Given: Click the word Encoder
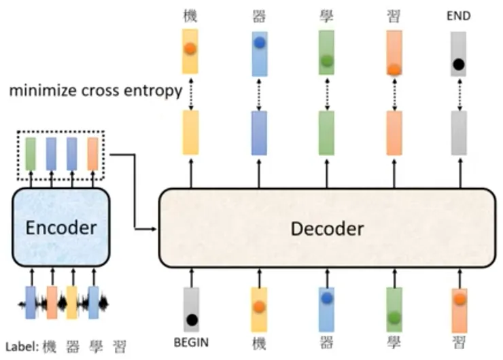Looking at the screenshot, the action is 61,228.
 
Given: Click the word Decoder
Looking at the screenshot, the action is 327,229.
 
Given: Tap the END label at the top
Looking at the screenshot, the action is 459,16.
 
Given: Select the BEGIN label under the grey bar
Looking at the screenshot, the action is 191,342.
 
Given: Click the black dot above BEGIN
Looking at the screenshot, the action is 192,320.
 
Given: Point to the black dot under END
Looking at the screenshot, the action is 458,65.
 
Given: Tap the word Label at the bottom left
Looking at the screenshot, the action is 20,346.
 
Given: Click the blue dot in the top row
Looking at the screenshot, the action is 260,42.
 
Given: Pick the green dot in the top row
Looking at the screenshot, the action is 327,60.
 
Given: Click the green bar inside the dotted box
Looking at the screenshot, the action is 31,154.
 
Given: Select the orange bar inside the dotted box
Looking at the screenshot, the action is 92,154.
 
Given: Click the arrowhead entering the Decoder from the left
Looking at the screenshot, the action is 154,229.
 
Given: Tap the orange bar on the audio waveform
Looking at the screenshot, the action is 52,303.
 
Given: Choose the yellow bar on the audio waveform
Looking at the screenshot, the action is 71,303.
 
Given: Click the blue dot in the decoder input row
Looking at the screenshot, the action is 326,298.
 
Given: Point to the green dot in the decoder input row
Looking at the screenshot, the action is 394,318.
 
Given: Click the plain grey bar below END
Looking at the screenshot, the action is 459,132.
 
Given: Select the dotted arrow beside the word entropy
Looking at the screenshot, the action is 191,94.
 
